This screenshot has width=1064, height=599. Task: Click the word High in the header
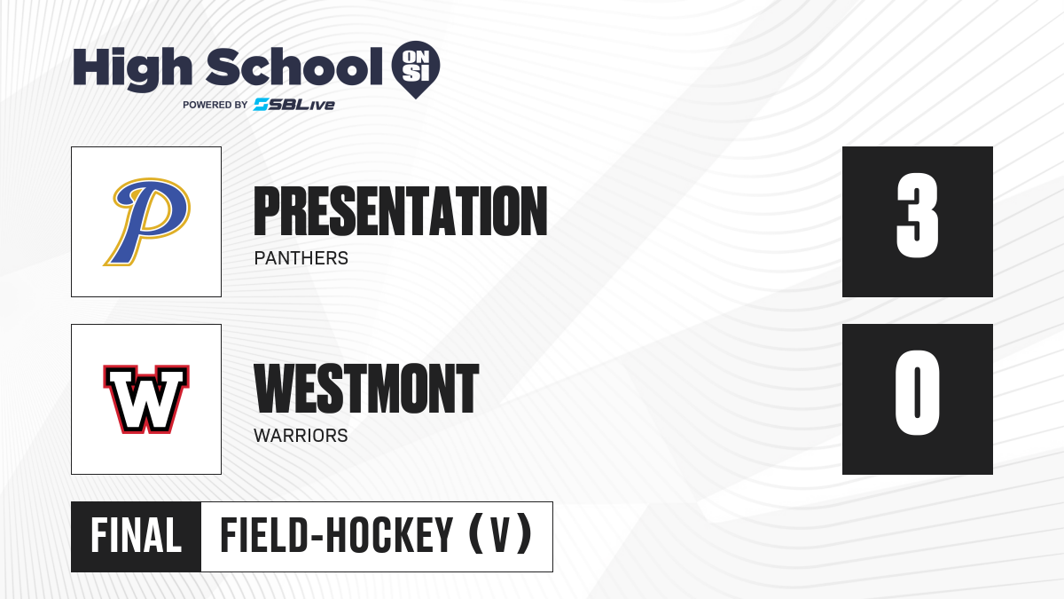pyautogui.click(x=132, y=69)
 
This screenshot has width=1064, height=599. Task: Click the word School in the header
pyautogui.click(x=294, y=67)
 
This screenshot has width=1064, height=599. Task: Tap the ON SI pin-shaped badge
pyautogui.click(x=416, y=69)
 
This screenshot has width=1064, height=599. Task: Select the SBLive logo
pyautogui.click(x=294, y=105)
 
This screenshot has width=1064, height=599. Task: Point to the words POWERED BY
pyautogui.click(x=215, y=105)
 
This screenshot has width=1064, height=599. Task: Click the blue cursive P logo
pyautogui.click(x=147, y=222)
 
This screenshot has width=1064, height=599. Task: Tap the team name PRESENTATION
pyautogui.click(x=401, y=211)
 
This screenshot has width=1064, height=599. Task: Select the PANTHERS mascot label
pyautogui.click(x=301, y=258)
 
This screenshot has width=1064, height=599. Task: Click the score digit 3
pyautogui.click(x=917, y=216)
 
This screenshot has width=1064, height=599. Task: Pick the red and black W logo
pyautogui.click(x=146, y=399)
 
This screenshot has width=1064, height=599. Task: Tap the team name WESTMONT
pyautogui.click(x=366, y=389)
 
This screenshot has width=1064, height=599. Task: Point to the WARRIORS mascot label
pyautogui.click(x=301, y=436)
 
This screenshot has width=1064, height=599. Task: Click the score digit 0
pyautogui.click(x=917, y=392)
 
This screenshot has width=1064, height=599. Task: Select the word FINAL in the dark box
pyautogui.click(x=137, y=536)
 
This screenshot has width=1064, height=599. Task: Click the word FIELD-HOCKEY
pyautogui.click(x=336, y=536)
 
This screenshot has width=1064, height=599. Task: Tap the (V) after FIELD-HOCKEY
pyautogui.click(x=500, y=536)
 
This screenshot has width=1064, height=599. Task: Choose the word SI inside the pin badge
pyautogui.click(x=416, y=74)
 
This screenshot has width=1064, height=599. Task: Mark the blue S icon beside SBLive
pyautogui.click(x=262, y=105)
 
